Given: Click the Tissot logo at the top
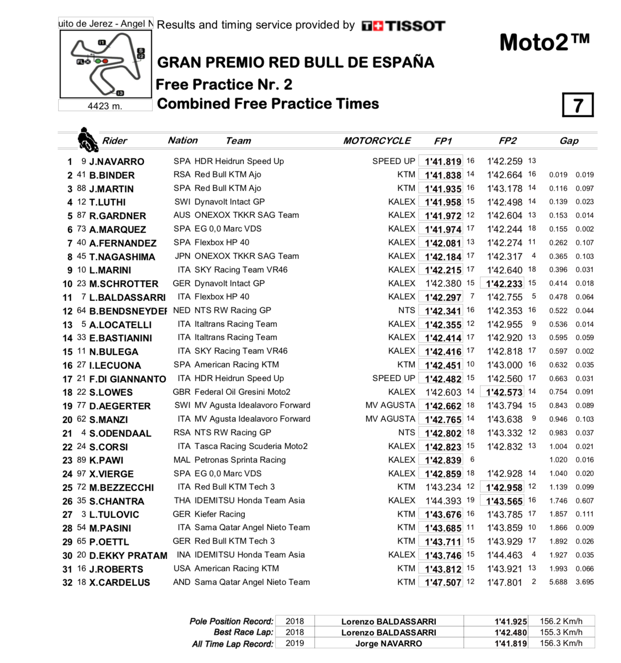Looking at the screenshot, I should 403,26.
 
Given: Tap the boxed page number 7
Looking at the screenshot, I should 578,105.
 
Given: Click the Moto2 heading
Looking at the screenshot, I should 544,43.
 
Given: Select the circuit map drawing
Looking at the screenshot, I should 105,64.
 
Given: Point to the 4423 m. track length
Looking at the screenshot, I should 105,106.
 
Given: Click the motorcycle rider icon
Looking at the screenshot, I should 88,140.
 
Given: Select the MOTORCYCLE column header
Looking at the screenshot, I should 377,141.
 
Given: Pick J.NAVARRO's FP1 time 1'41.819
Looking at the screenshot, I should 443,161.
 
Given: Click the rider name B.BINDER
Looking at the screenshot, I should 112,176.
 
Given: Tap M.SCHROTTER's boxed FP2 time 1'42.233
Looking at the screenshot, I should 504,284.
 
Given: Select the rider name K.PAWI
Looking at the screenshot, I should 106,461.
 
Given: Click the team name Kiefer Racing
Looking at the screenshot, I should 220,514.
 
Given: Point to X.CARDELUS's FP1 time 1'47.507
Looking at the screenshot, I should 443,582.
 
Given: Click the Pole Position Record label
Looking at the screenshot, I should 231,622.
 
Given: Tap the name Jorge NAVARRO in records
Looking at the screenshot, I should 388,644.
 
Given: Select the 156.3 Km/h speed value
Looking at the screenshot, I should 561,643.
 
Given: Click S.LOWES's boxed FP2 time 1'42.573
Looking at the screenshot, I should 504,392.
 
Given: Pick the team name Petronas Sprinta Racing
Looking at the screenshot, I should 240,460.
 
